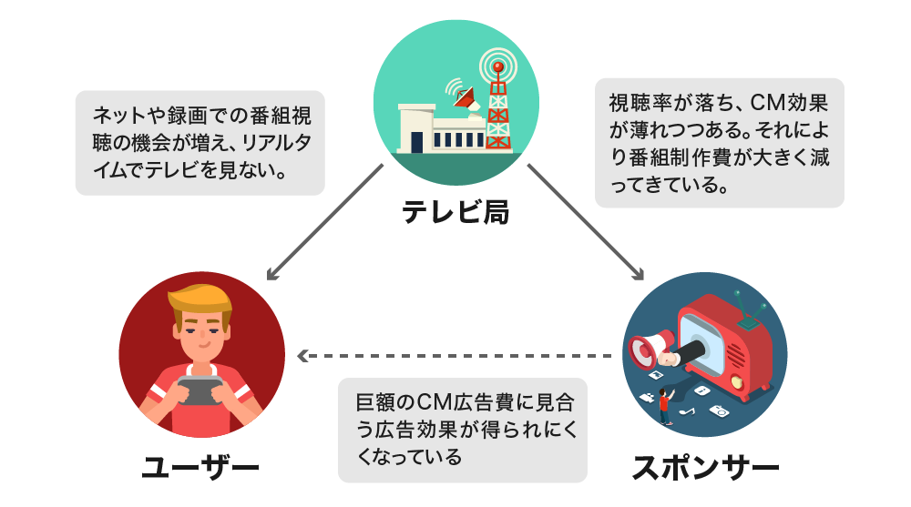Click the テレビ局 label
[455, 213]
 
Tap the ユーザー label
[201, 470]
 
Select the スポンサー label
[706, 470]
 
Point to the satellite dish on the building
[465, 96]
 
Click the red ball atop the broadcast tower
[497, 67]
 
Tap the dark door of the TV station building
[416, 142]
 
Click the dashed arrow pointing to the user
[455, 355]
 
